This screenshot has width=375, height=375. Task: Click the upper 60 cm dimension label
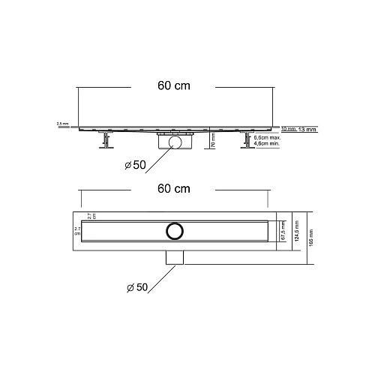coord(172,86)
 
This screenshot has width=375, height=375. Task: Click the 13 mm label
coord(307,129)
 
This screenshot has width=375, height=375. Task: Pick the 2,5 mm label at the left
coord(61,124)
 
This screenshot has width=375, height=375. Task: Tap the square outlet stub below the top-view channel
coord(175,257)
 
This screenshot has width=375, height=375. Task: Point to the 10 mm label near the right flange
coord(286,129)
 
